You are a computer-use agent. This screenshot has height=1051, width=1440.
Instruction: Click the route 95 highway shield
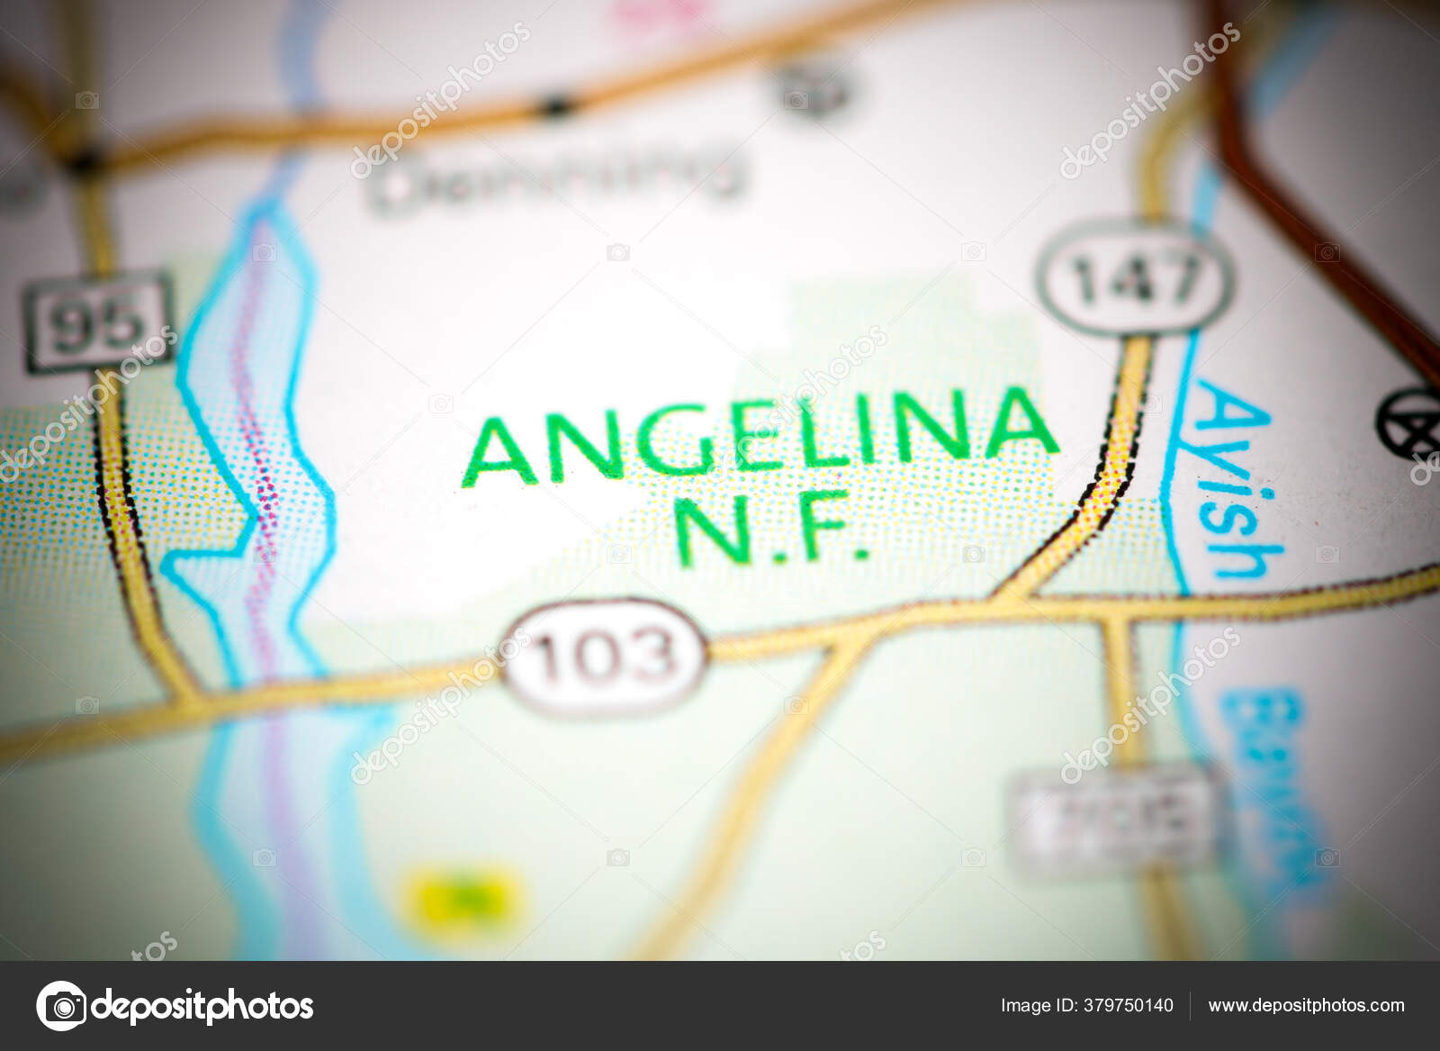coord(98,322)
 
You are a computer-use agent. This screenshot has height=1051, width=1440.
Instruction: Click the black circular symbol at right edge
coord(1408,422)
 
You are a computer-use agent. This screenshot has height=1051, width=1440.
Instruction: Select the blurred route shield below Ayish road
coord(1112,820)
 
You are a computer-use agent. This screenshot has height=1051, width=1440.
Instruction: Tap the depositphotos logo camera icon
coord(62,1005)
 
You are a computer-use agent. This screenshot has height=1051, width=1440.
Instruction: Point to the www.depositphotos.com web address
coord(1305,1006)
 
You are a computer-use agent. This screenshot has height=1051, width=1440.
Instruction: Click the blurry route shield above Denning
coord(814,89)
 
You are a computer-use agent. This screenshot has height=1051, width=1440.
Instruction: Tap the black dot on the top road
coord(555,105)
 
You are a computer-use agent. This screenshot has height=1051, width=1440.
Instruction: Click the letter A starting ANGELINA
coord(500,450)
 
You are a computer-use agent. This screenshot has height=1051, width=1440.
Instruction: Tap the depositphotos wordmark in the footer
coord(202,1006)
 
